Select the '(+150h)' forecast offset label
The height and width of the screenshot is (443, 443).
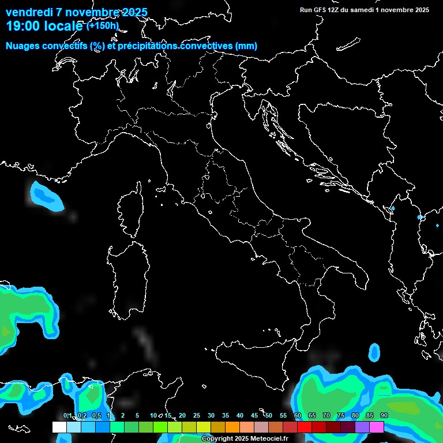tap(102, 26)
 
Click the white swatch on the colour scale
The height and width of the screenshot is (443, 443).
tap(59, 427)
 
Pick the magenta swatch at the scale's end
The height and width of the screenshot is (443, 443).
tap(377, 427)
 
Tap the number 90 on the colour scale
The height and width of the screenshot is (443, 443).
tap(384, 416)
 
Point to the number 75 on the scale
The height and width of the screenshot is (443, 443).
tap(340, 416)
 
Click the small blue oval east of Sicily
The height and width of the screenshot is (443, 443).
tap(375, 352)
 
